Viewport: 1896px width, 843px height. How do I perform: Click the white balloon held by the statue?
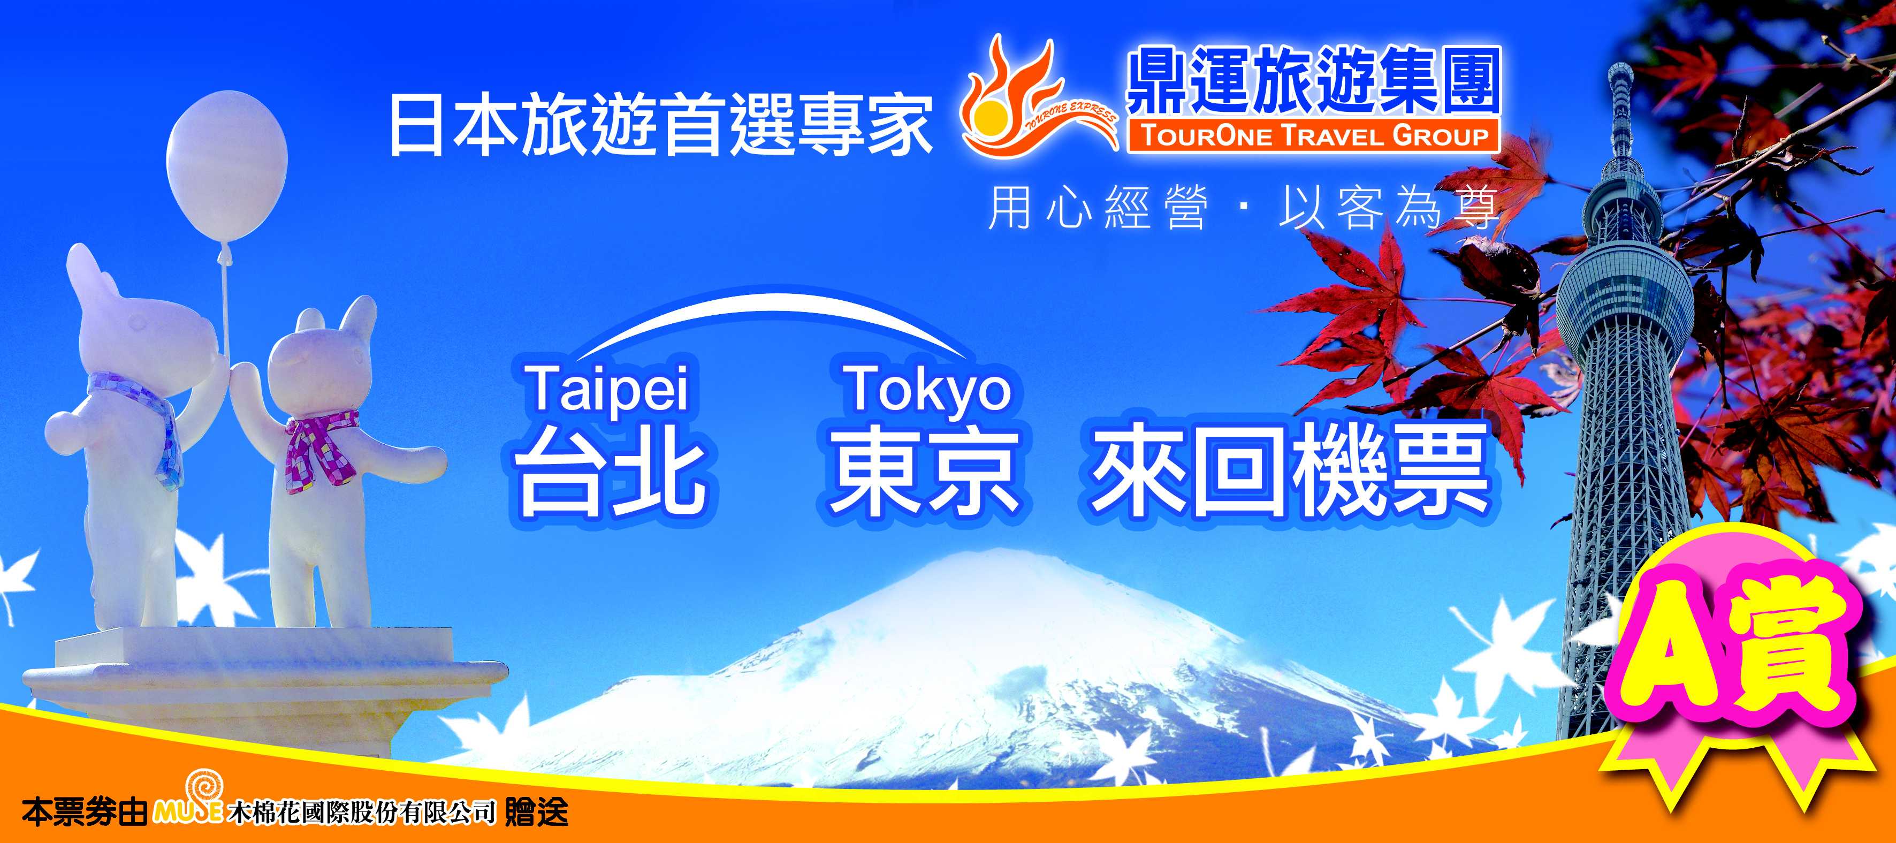pos(227,165)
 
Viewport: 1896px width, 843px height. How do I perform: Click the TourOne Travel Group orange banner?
pos(1314,136)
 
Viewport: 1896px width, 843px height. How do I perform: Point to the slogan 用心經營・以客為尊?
pos(1244,207)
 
